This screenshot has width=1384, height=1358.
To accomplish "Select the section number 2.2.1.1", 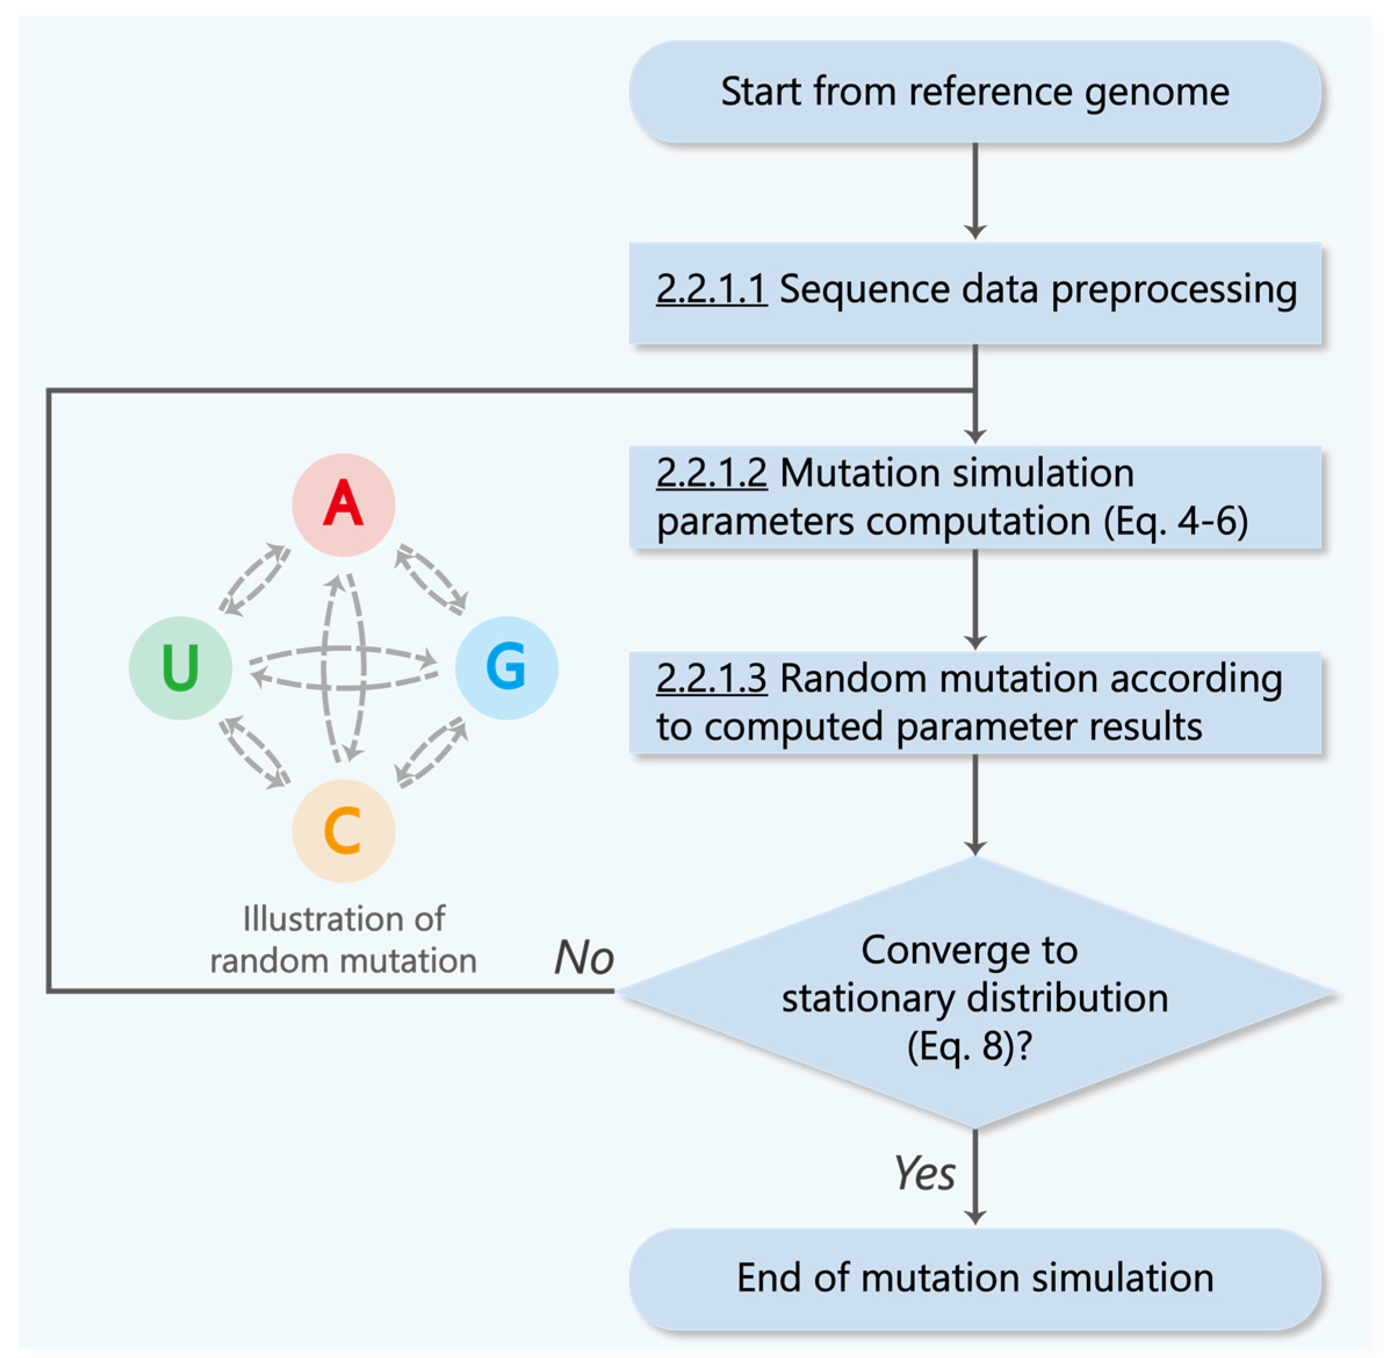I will [x=711, y=290].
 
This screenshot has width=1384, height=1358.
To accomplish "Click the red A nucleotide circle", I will [x=343, y=505].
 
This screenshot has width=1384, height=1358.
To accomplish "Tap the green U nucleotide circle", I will [x=180, y=668].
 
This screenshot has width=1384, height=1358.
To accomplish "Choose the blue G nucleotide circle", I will [x=506, y=668].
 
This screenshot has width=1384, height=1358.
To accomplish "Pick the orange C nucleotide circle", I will [x=343, y=831].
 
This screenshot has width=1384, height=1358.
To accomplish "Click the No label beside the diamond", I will [x=583, y=957].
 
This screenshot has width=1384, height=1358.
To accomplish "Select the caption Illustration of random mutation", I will [x=343, y=939].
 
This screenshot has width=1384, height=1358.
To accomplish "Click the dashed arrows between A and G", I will [x=431, y=579].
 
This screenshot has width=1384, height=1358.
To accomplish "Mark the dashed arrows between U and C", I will [x=255, y=753].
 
